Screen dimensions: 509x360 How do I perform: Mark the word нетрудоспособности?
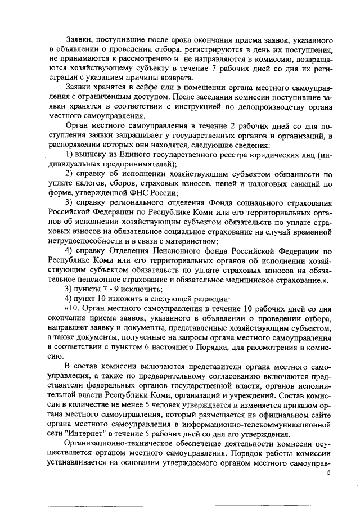(83, 240)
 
